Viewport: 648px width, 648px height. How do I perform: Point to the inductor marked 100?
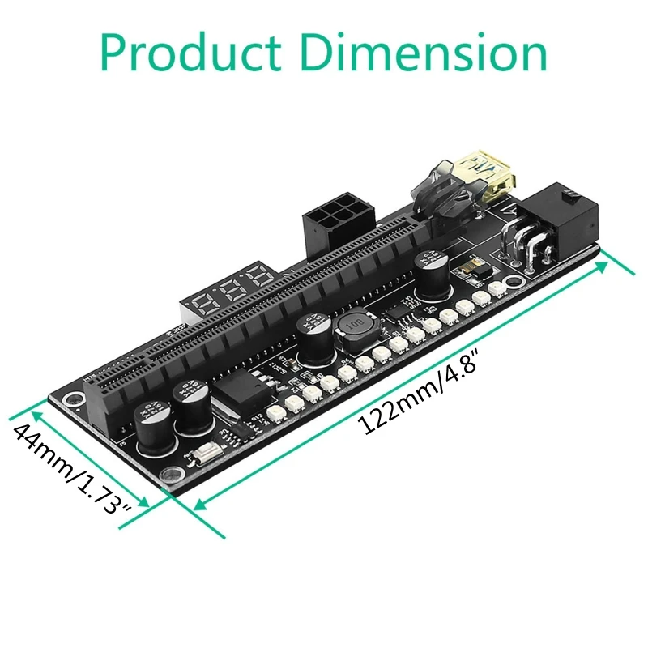(350, 333)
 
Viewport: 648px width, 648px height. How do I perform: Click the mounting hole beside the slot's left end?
(72, 399)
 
